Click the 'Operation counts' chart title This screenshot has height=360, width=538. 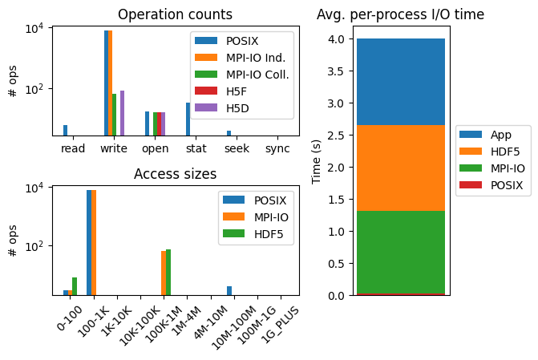click(x=175, y=14)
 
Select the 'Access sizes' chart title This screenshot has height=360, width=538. click(x=175, y=174)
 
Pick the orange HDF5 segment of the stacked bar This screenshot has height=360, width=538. click(x=400, y=168)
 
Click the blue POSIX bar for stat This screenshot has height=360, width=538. click(x=188, y=119)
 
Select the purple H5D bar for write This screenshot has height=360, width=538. click(x=122, y=113)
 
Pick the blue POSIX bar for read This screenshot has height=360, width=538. click(x=66, y=131)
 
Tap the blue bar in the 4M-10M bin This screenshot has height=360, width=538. click(x=229, y=290)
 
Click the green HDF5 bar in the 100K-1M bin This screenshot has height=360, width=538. click(x=168, y=273)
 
